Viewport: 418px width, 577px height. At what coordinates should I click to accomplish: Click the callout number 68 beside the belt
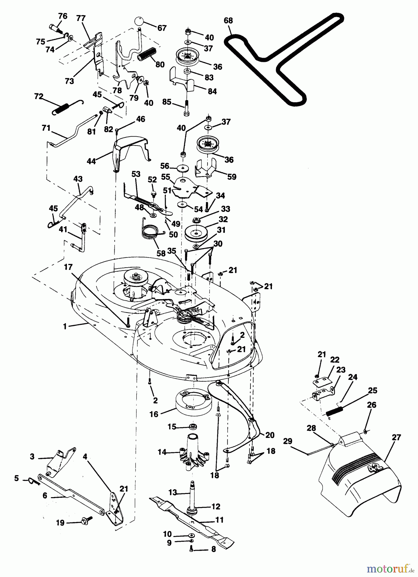[228, 21]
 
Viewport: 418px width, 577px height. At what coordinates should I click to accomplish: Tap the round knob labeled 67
[139, 22]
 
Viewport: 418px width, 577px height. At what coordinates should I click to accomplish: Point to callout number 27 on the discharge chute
[396, 438]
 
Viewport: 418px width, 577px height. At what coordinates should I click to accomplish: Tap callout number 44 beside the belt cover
[91, 161]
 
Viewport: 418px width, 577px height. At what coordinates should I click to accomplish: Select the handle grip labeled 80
[146, 54]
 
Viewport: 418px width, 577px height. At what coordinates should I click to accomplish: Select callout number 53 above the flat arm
[136, 174]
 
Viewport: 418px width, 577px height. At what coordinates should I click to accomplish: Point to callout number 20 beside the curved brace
[270, 435]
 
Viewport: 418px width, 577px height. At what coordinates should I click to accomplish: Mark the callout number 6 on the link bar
[45, 496]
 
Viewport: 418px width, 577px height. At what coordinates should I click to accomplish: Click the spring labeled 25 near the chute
[335, 410]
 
